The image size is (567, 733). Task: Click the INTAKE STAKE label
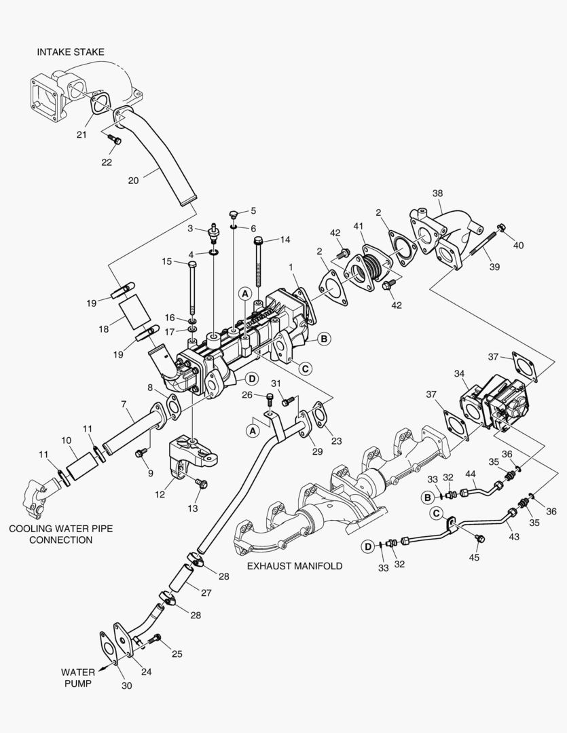(x=70, y=52)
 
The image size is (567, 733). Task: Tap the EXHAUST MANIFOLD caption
(x=294, y=565)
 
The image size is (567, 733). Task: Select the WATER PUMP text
(x=77, y=678)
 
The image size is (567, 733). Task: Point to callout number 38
(x=439, y=193)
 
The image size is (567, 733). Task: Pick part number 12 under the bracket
(x=160, y=495)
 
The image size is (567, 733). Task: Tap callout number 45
(x=475, y=557)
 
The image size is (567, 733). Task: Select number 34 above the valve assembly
(x=460, y=373)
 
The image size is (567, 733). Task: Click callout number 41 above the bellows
(x=359, y=227)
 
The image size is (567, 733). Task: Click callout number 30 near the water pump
(x=126, y=686)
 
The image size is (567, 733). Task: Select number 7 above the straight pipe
(x=124, y=405)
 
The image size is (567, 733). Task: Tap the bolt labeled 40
(x=501, y=228)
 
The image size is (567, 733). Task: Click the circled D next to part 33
(x=367, y=546)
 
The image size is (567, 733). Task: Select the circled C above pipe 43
(x=438, y=514)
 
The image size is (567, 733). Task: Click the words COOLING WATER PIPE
(x=50, y=528)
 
